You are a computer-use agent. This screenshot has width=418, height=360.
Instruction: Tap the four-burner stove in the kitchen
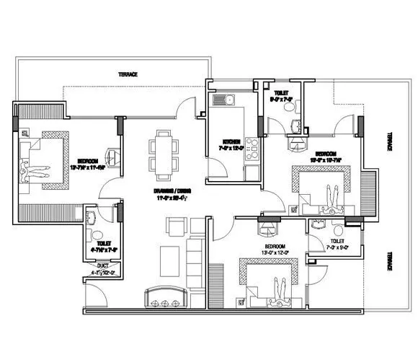tap(252, 148)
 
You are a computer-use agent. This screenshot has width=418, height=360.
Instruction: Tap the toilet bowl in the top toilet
tap(288, 106)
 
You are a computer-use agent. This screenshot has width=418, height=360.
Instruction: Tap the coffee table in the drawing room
tap(170, 255)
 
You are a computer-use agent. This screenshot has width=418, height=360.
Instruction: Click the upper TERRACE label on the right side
tap(390, 141)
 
